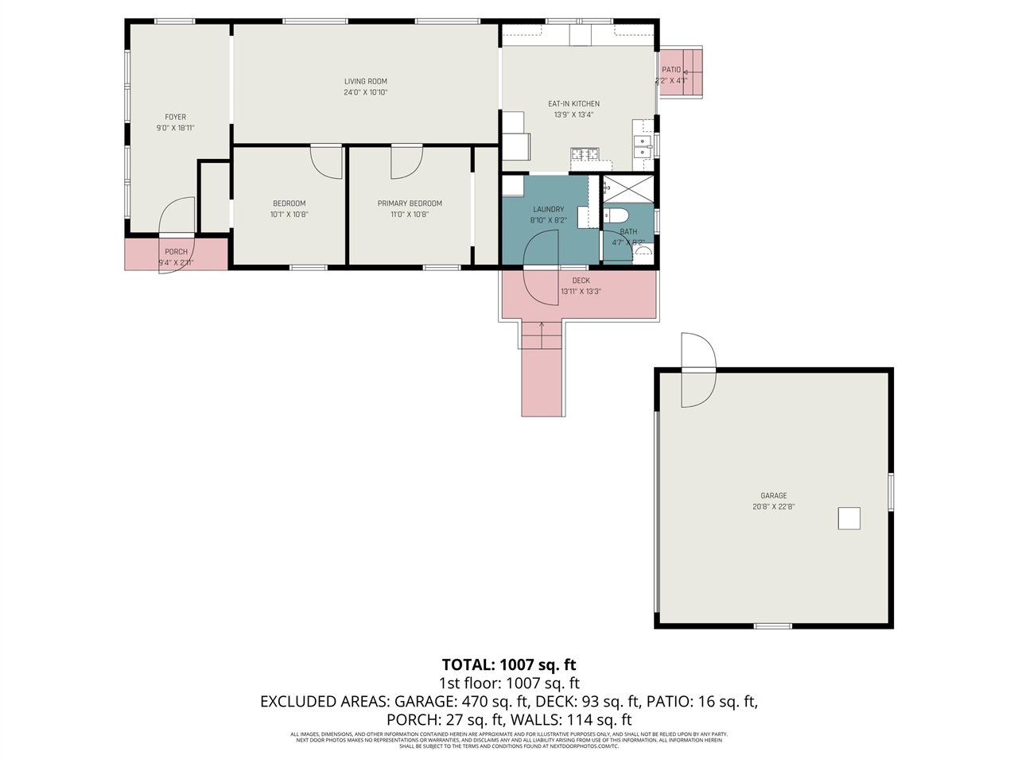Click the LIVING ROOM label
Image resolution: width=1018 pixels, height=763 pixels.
pos(366,81)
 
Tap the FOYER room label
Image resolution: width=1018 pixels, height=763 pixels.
pos(175,117)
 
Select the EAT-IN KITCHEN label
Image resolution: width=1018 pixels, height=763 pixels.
pos(573,104)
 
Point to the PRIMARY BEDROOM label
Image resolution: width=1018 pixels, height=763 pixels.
pos(410,203)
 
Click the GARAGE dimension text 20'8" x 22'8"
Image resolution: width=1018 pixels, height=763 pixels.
pos(773,506)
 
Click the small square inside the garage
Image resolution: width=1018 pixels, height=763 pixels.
pos(849,518)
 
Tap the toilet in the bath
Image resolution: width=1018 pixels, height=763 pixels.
pos(616,215)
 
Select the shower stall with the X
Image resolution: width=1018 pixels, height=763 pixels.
pos(628,189)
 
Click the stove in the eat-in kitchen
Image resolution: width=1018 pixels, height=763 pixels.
pos(585,154)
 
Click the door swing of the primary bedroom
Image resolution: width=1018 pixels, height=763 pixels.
pos(406,163)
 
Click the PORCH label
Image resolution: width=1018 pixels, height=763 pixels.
pos(176,252)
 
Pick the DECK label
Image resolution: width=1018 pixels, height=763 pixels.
pos(581,281)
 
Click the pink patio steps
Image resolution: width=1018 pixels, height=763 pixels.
pos(682,72)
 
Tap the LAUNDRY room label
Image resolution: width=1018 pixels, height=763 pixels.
pos(548,209)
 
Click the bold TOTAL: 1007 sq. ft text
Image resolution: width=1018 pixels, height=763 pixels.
pos(508,665)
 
